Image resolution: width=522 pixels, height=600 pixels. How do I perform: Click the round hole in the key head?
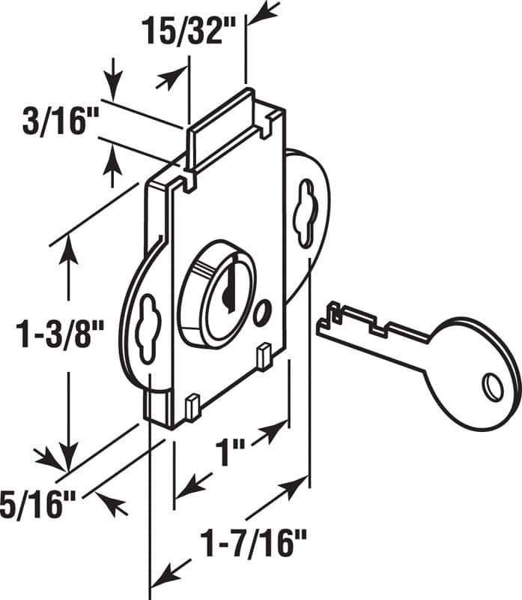click(x=492, y=386)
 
